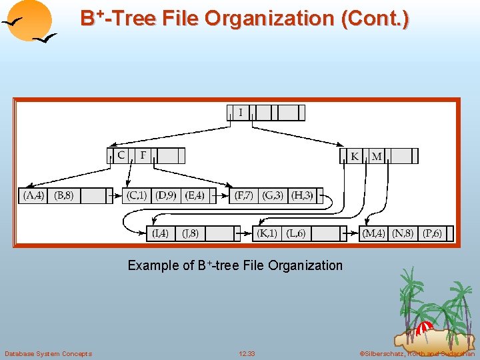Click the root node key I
(x=241, y=113)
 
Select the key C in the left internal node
(x=121, y=155)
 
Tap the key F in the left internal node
(x=143, y=155)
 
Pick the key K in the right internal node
(x=355, y=156)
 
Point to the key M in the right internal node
(x=377, y=156)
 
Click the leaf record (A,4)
(x=34, y=195)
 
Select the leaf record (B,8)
(x=64, y=195)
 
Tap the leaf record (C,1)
(x=137, y=195)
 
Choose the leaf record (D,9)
(x=166, y=195)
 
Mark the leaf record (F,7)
(x=244, y=195)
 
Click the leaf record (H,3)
(x=302, y=195)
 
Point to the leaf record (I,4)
(x=160, y=233)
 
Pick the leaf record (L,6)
(x=296, y=233)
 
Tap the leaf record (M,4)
(x=373, y=233)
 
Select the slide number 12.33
(x=247, y=353)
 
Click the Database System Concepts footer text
(x=48, y=353)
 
